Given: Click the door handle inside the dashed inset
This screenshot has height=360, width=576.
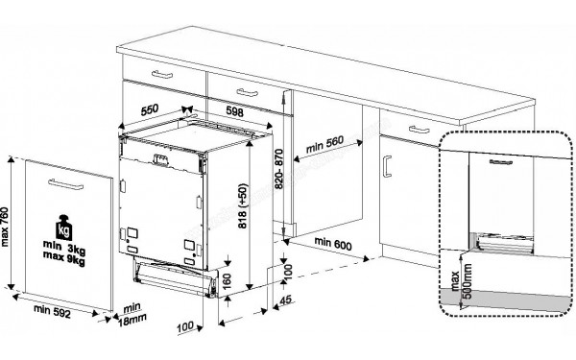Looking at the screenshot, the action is pos(500,164).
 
